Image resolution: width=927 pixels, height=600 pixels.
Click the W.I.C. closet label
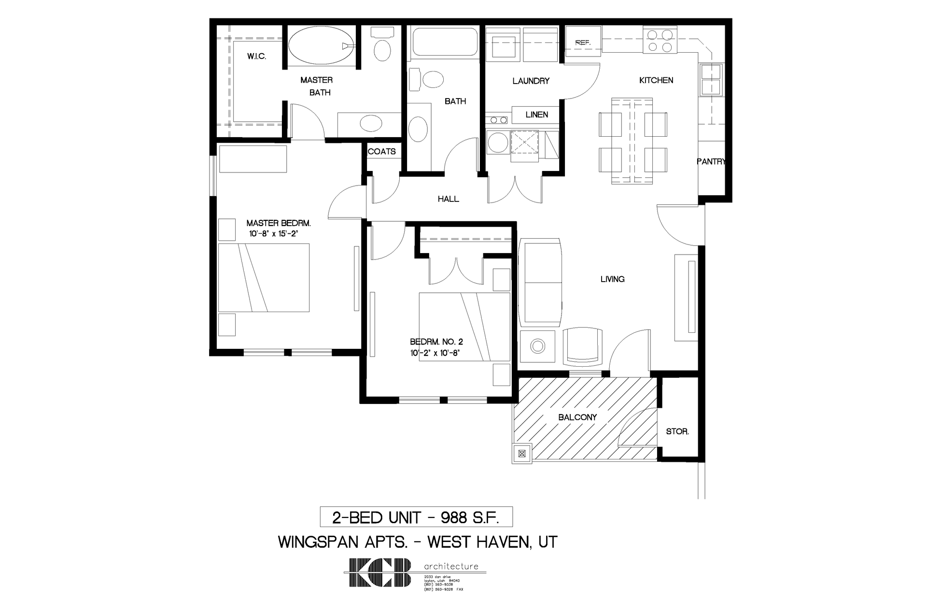pyautogui.click(x=256, y=57)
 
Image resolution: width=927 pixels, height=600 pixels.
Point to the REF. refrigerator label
pyautogui.click(x=583, y=43)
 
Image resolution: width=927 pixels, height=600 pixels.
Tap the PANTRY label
pyautogui.click(x=711, y=162)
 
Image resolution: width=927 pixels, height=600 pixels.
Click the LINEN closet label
pyautogui.click(x=536, y=115)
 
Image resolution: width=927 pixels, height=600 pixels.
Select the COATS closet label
pyautogui.click(x=381, y=152)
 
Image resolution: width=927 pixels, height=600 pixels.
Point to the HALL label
pyautogui.click(x=448, y=199)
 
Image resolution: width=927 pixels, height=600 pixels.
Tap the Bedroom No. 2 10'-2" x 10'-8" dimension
pyautogui.click(x=435, y=353)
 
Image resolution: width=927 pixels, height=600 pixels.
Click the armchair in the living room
pyautogui.click(x=583, y=346)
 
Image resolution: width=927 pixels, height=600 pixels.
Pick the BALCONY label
pyautogui.click(x=577, y=417)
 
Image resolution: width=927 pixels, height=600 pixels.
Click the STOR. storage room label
pyautogui.click(x=677, y=432)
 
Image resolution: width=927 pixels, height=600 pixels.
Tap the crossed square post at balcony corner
pyautogui.click(x=521, y=454)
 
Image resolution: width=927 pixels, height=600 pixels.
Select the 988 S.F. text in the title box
pyautogui.click(x=469, y=518)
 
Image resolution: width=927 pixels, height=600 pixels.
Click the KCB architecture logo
pyautogui.click(x=381, y=572)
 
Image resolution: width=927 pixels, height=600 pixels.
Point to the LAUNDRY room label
pyautogui.click(x=531, y=81)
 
